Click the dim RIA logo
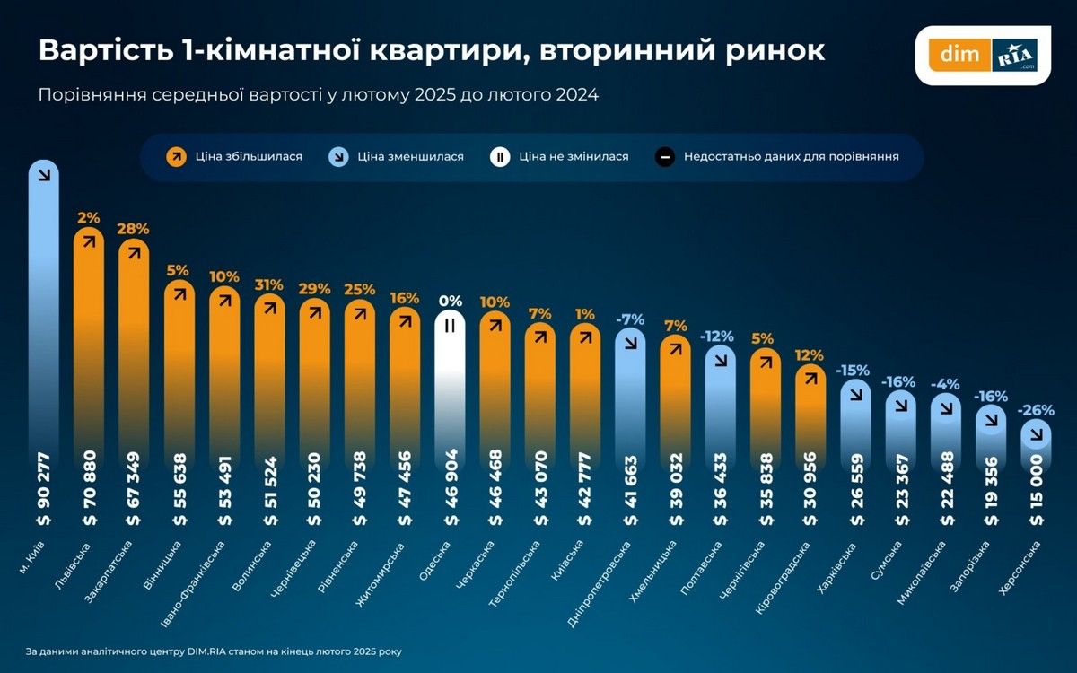(984, 55)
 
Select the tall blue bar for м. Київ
(43, 341)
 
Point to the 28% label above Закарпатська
(133, 228)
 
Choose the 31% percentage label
(269, 284)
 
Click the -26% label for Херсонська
(1036, 411)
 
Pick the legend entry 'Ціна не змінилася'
(574, 156)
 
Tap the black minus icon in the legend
(664, 156)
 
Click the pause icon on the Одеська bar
(451, 327)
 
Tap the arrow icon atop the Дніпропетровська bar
(632, 342)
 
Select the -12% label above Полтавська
(718, 336)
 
